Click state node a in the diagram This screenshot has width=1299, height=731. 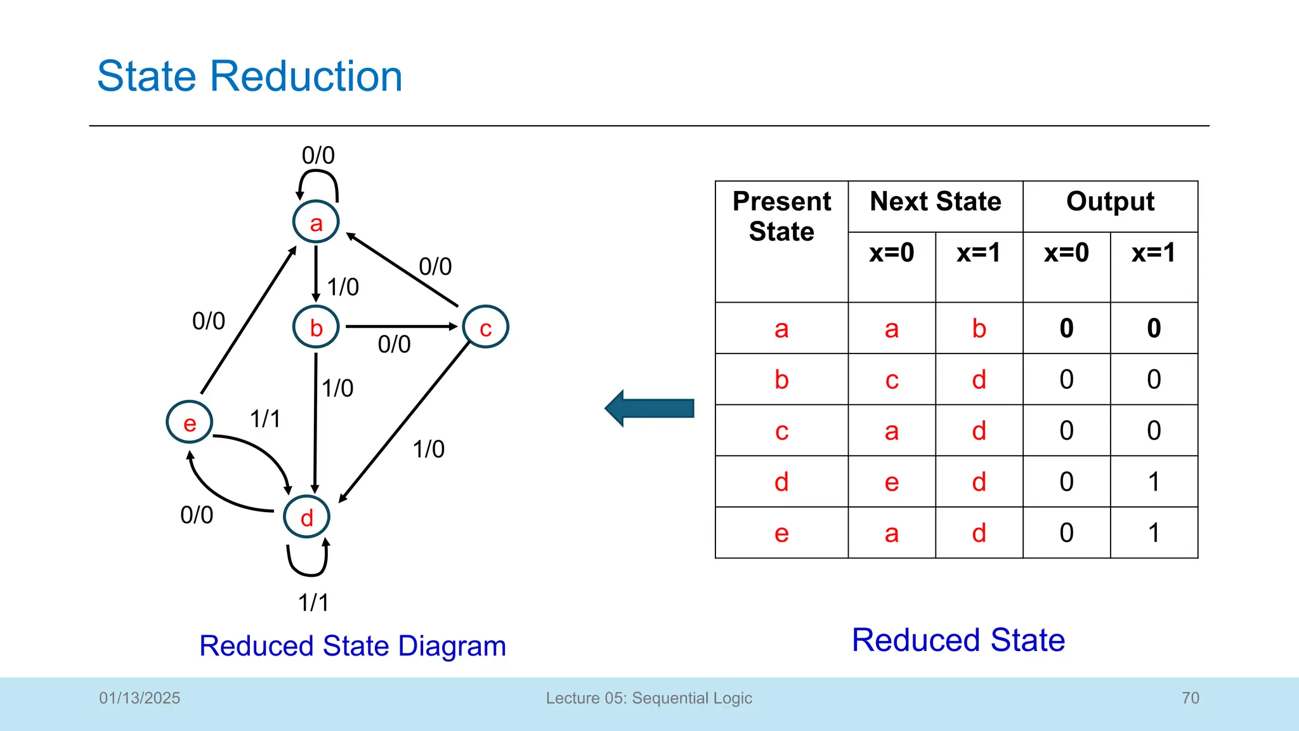click(x=316, y=222)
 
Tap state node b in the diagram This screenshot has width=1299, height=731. click(x=316, y=327)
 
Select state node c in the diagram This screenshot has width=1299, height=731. click(x=485, y=327)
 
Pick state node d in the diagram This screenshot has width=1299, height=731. click(x=306, y=517)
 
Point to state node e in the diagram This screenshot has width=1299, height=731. click(x=189, y=423)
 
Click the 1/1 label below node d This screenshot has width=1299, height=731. click(x=313, y=602)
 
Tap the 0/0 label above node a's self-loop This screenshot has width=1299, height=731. click(x=318, y=155)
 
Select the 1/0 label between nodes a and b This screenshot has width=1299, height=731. click(x=343, y=287)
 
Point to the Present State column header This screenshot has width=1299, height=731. click(x=781, y=216)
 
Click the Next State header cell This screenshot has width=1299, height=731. click(x=935, y=202)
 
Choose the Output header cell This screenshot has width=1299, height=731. click(x=1110, y=202)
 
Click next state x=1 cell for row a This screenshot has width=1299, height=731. click(x=979, y=329)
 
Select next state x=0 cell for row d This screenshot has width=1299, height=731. click(x=891, y=482)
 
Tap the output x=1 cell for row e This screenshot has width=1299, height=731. click(x=1154, y=533)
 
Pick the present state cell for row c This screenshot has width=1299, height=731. click(x=781, y=431)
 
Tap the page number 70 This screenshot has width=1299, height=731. click(x=1190, y=698)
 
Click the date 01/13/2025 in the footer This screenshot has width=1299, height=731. click(x=140, y=698)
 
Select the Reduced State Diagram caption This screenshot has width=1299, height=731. click(x=353, y=646)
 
